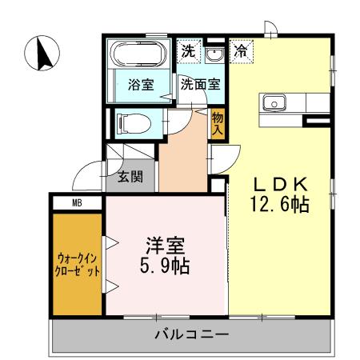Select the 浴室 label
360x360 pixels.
point(142,85)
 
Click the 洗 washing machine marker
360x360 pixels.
point(187,50)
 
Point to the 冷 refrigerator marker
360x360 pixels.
point(241,50)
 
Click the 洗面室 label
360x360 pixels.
point(201,83)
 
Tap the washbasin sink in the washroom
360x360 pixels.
point(215,54)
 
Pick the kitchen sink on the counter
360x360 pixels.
point(274,102)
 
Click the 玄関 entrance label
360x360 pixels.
point(130,177)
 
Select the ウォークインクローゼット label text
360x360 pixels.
point(78,264)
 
